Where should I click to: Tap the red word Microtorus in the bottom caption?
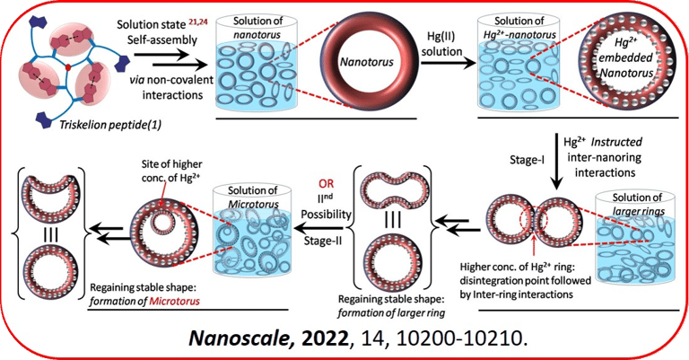(x=170, y=301)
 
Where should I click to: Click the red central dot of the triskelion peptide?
(x=67, y=67)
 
